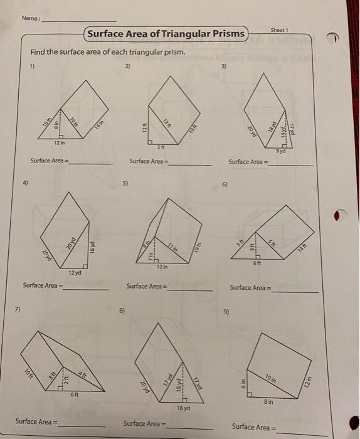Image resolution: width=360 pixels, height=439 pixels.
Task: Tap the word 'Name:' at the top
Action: pyautogui.click(x=30, y=18)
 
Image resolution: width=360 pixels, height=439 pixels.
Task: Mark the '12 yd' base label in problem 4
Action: pyautogui.click(x=73, y=272)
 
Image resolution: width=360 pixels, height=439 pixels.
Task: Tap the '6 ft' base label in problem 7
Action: pyautogui.click(x=75, y=394)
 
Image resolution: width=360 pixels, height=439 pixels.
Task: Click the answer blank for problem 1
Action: pyautogui.click(x=91, y=163)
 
